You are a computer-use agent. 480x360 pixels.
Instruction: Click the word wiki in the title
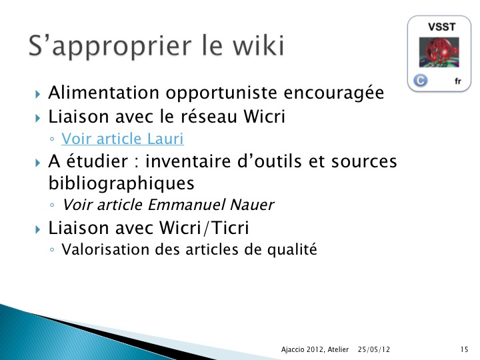pyautogui.click(x=259, y=45)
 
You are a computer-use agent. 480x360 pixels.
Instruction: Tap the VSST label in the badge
pyautogui.click(x=442, y=27)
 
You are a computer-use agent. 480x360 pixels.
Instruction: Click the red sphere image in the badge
pyautogui.click(x=439, y=53)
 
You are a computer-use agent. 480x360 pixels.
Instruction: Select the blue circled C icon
pyautogui.click(x=420, y=81)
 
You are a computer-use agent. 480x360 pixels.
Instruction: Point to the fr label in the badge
pyautogui.click(x=457, y=81)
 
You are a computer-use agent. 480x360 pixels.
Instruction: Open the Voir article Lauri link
pyautogui.click(x=123, y=139)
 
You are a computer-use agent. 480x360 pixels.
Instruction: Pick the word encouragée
pyautogui.click(x=334, y=93)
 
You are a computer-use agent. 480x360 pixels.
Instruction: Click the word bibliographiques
pyautogui.click(x=121, y=183)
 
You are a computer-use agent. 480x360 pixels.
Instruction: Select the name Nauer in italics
pyautogui.click(x=251, y=205)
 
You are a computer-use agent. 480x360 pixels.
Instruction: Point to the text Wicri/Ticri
pyautogui.click(x=204, y=228)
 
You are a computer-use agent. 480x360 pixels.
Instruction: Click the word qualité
pyautogui.click(x=292, y=250)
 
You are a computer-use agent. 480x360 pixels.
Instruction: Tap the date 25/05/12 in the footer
pyautogui.click(x=374, y=349)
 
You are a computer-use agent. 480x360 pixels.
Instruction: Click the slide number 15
pyautogui.click(x=464, y=349)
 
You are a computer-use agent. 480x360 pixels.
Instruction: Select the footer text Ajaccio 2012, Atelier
pyautogui.click(x=315, y=349)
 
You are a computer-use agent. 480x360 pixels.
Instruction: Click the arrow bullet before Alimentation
pyautogui.click(x=37, y=94)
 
